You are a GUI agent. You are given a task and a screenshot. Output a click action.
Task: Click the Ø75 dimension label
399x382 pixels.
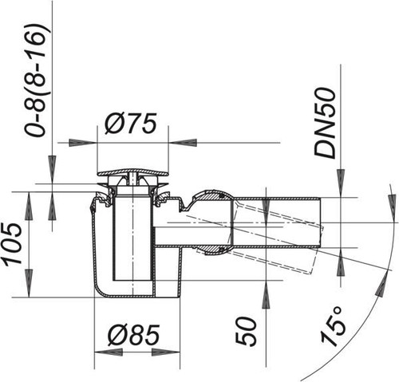[130, 124]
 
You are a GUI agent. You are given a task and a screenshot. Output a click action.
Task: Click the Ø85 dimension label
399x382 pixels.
[134, 335]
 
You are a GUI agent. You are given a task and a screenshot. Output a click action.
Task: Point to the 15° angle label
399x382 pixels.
[332, 326]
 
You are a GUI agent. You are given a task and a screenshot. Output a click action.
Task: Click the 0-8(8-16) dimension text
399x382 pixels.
[38, 81]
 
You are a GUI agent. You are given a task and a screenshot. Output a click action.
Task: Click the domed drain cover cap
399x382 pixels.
[132, 172]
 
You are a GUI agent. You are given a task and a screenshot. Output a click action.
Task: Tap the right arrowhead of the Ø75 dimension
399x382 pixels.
[183, 143]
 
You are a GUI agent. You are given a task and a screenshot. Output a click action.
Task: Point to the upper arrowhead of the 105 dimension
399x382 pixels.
[29, 206]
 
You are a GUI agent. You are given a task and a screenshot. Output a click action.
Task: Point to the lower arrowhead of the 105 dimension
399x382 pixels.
[29, 283]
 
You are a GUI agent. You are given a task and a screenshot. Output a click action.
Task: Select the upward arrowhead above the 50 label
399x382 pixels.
[266, 294]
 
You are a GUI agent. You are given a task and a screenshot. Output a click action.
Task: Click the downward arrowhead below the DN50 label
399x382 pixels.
[341, 183]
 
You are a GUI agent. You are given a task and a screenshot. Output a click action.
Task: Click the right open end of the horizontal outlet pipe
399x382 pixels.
[320, 223]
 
